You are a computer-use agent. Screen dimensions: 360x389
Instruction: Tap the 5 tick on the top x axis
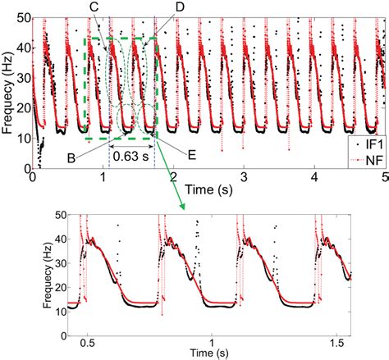pos(383,176)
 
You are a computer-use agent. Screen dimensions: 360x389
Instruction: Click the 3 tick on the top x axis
pos(243,176)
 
